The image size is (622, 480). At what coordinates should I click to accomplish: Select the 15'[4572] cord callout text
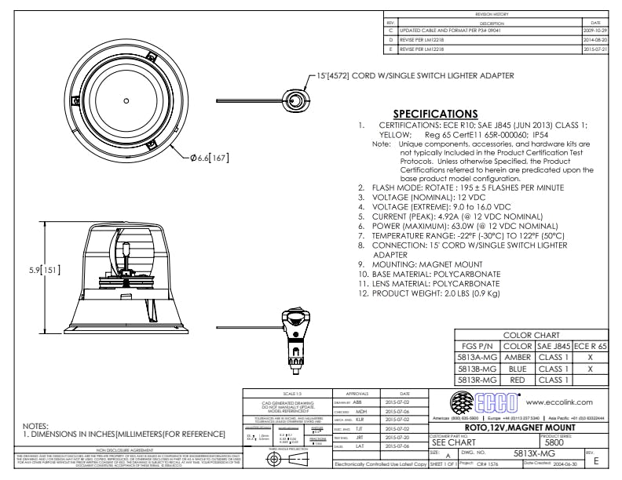[x=415, y=76]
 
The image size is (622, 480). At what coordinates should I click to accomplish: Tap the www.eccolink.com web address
[x=562, y=401]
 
